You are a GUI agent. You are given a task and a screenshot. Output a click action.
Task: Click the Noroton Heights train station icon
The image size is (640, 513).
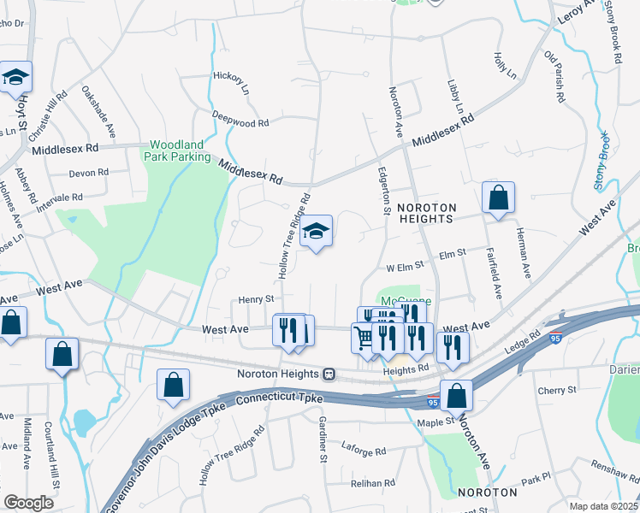329,374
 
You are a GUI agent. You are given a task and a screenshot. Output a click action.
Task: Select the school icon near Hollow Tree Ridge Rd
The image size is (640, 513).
316,230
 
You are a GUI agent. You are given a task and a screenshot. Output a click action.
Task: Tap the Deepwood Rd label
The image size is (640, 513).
240,122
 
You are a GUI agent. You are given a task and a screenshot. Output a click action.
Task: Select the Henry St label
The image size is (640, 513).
255,299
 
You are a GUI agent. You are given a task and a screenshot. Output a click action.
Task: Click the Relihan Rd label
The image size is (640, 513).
373,483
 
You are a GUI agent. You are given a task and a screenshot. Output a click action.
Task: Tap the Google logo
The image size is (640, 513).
28,503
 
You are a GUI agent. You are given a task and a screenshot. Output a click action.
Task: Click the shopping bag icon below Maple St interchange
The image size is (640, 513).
458,395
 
